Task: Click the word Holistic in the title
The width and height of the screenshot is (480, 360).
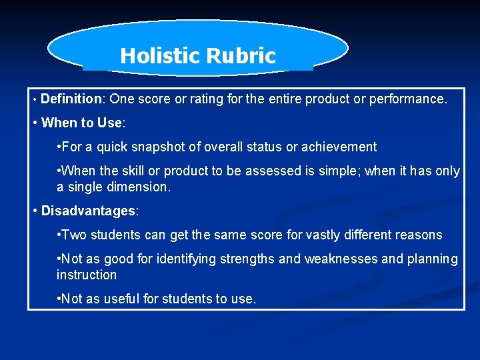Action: [155, 56]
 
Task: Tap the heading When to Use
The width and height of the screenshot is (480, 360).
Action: [82, 123]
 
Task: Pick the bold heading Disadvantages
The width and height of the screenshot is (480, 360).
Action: [88, 211]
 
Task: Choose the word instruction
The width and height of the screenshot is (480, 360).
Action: [87, 275]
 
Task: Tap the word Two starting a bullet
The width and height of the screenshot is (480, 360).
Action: [75, 235]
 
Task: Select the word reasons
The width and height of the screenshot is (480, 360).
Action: [418, 235]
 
